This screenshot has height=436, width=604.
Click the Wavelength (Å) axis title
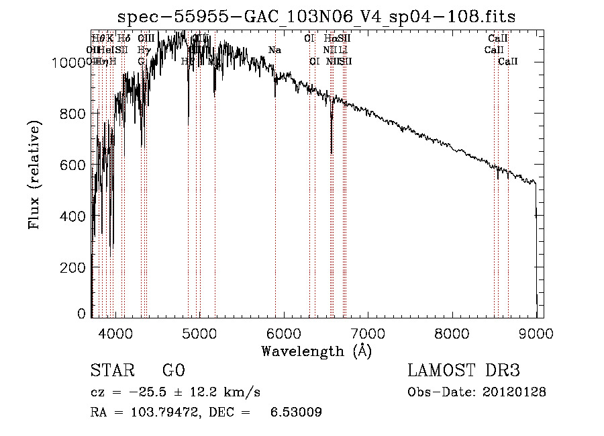pyautogui.click(x=316, y=351)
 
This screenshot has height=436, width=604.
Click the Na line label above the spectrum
pyautogui.click(x=274, y=50)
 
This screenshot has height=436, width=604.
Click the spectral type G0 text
pyautogui.click(x=173, y=371)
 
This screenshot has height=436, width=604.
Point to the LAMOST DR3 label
pyautogui.click(x=464, y=371)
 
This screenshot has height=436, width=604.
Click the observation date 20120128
pyautogui.click(x=515, y=392)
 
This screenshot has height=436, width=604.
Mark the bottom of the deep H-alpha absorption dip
pyautogui.click(x=332, y=152)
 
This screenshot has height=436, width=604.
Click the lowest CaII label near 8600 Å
pyautogui.click(x=508, y=62)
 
